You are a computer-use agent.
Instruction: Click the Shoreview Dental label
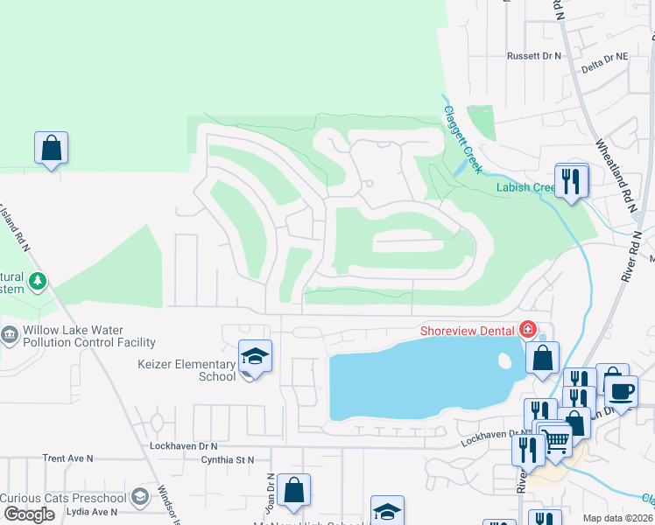(468, 330)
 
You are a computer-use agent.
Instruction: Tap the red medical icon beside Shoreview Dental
(528, 330)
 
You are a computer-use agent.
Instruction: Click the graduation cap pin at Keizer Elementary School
(255, 357)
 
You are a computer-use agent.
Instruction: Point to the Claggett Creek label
(463, 139)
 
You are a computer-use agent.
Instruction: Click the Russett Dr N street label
(533, 56)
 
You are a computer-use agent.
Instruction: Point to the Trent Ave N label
(67, 458)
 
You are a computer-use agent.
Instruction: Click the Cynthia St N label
(227, 459)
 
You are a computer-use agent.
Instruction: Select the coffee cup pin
(621, 391)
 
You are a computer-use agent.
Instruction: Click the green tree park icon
(37, 281)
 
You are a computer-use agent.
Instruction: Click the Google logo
(28, 514)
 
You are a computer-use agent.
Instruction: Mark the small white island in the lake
(504, 360)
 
